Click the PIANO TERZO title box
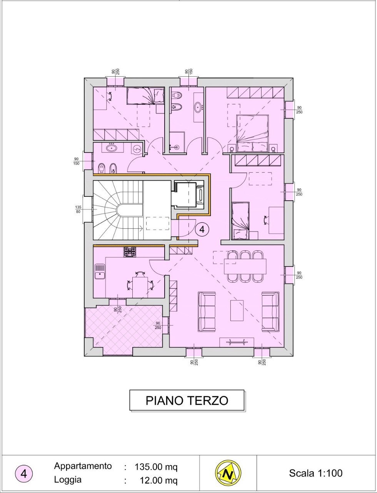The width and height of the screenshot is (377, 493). pyautogui.click(x=187, y=400)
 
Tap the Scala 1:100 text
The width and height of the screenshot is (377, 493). pyautogui.click(x=315, y=473)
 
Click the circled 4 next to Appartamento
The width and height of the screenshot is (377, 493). pyautogui.click(x=23, y=474)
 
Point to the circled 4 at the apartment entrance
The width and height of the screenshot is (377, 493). pyautogui.click(x=202, y=230)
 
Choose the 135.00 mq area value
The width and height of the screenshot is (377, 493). pyautogui.click(x=156, y=467)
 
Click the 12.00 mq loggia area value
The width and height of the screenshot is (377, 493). pyautogui.click(x=158, y=480)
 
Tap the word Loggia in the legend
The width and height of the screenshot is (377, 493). pyautogui.click(x=68, y=480)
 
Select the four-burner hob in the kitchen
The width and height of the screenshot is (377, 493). pyautogui.click(x=130, y=252)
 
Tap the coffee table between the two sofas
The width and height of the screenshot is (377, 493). pyautogui.click(x=237, y=310)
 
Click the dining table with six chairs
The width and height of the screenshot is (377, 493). pyautogui.click(x=245, y=266)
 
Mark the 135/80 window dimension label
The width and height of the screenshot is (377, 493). pyautogui.click(x=78, y=209)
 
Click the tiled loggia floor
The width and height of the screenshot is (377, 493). pyautogui.click(x=123, y=329)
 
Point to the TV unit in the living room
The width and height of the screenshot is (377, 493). pyautogui.click(x=236, y=342)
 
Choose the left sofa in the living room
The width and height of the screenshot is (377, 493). pyautogui.click(x=207, y=311)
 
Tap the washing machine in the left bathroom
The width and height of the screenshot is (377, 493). pyautogui.click(x=137, y=148)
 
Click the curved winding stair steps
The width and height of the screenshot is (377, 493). pyautogui.click(x=112, y=210)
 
